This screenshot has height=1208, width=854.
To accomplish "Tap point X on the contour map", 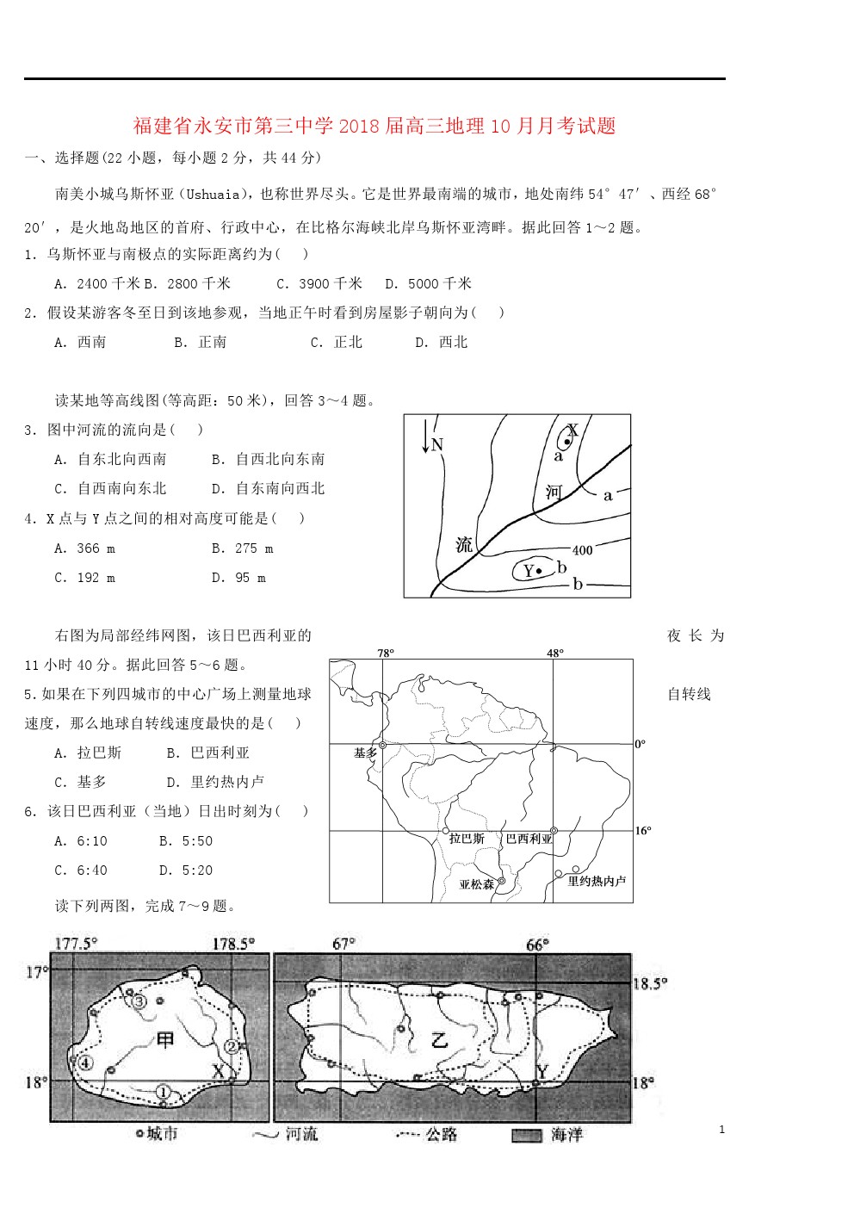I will click(x=567, y=442).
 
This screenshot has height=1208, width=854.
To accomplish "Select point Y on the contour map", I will click(x=538, y=570).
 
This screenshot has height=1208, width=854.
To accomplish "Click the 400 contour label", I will click(x=582, y=550).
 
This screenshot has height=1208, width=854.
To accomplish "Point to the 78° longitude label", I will click(x=386, y=654).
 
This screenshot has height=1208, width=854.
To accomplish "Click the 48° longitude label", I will click(x=555, y=654).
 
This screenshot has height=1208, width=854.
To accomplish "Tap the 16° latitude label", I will click(x=643, y=831).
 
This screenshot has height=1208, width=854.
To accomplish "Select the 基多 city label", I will click(x=365, y=753).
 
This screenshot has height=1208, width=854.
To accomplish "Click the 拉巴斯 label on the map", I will click(x=467, y=839).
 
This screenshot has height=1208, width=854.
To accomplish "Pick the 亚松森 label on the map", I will click(x=476, y=884).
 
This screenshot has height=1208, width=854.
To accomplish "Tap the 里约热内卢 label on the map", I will click(x=597, y=881).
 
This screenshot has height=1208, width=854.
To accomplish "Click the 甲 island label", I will click(x=165, y=1039).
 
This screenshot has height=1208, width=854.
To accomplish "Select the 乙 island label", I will click(x=440, y=1039).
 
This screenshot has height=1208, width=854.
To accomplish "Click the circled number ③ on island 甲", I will click(x=139, y=1001).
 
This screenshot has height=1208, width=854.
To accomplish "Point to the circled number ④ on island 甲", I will click(x=85, y=1062).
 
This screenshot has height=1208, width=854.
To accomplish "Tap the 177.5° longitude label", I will click(x=76, y=944).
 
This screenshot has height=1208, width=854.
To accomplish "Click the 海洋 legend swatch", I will click(x=526, y=1136).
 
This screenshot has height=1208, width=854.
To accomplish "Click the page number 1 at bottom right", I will click(x=721, y=1130).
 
